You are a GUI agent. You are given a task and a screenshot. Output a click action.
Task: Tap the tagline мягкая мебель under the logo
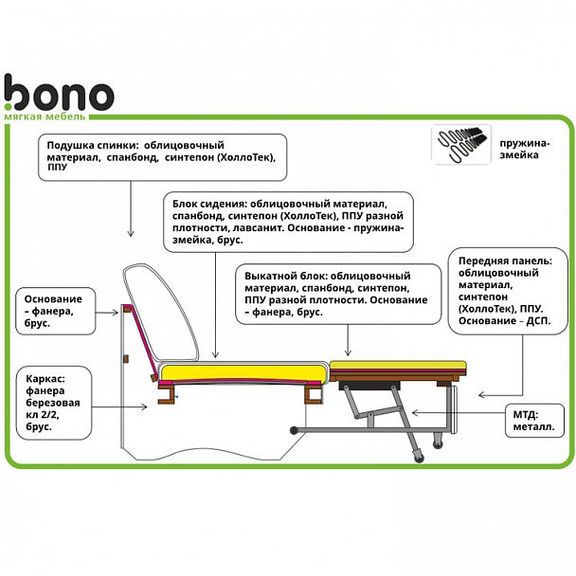(45, 117)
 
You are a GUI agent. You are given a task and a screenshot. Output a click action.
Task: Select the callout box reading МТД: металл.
(533, 419)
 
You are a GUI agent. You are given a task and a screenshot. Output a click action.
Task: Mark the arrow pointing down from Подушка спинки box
(129, 209)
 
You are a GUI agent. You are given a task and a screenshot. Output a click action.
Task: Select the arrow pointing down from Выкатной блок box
(350, 339)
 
